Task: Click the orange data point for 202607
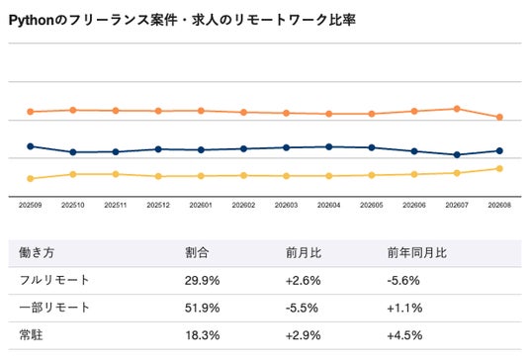click(x=457, y=109)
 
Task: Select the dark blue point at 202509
click(x=30, y=146)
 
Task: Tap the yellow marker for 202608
click(x=499, y=169)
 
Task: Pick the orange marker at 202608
click(x=499, y=118)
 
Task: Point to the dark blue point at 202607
click(x=457, y=155)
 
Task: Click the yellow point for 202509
click(x=30, y=178)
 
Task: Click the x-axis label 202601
click(x=201, y=205)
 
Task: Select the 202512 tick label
click(x=158, y=205)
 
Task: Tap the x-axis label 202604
click(x=329, y=205)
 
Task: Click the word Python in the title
click(x=31, y=21)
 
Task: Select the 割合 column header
click(x=197, y=252)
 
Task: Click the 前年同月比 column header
click(x=417, y=252)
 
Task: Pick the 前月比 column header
click(x=304, y=252)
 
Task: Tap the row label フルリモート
click(x=54, y=280)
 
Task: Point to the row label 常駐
click(x=31, y=335)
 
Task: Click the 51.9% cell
click(x=202, y=308)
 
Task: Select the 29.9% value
click(x=202, y=281)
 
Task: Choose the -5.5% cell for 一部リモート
click(x=302, y=308)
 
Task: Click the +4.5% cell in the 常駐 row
click(x=404, y=335)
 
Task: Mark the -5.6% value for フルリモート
click(x=403, y=281)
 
